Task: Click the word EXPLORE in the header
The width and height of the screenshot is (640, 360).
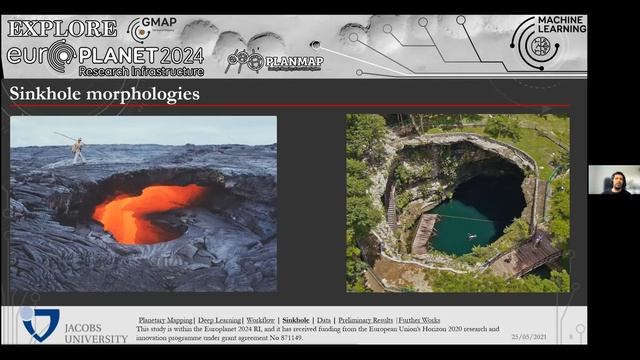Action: point(62,28)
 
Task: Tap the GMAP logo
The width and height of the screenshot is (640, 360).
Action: point(152,28)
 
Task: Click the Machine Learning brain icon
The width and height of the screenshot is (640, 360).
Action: point(535,43)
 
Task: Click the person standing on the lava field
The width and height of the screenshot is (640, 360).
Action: point(78,149)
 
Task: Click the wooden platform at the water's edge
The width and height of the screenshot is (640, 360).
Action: point(424,234)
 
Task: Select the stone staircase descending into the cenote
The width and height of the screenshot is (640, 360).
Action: point(391,205)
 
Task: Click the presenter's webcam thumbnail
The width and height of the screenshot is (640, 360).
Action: point(613,179)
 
